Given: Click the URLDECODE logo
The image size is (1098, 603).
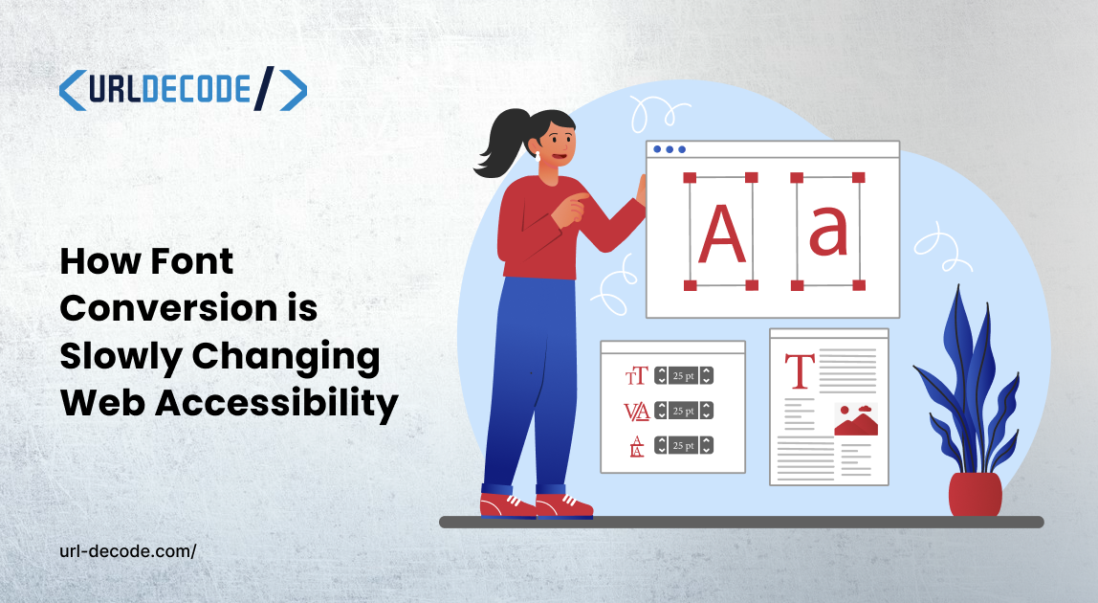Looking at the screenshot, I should click(x=183, y=90).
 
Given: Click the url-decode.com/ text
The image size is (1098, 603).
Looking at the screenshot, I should click(x=127, y=551).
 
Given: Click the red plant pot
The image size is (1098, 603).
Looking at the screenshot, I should click(x=975, y=494).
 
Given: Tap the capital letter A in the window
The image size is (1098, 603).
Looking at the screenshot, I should click(x=721, y=232).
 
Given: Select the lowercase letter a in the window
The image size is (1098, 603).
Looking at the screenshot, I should click(x=828, y=232).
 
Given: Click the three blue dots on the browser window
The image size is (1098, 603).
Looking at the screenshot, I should click(x=669, y=149).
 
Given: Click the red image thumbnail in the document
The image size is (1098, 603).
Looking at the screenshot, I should click(x=856, y=420).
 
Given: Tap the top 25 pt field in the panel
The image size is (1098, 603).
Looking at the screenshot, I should click(x=684, y=375).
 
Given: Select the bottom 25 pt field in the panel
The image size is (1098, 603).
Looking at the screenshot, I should click(x=684, y=445).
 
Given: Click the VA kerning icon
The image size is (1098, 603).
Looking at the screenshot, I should click(x=637, y=411).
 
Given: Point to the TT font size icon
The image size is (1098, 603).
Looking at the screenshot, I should click(x=636, y=375).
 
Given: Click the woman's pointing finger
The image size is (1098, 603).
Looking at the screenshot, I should click(x=580, y=197).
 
